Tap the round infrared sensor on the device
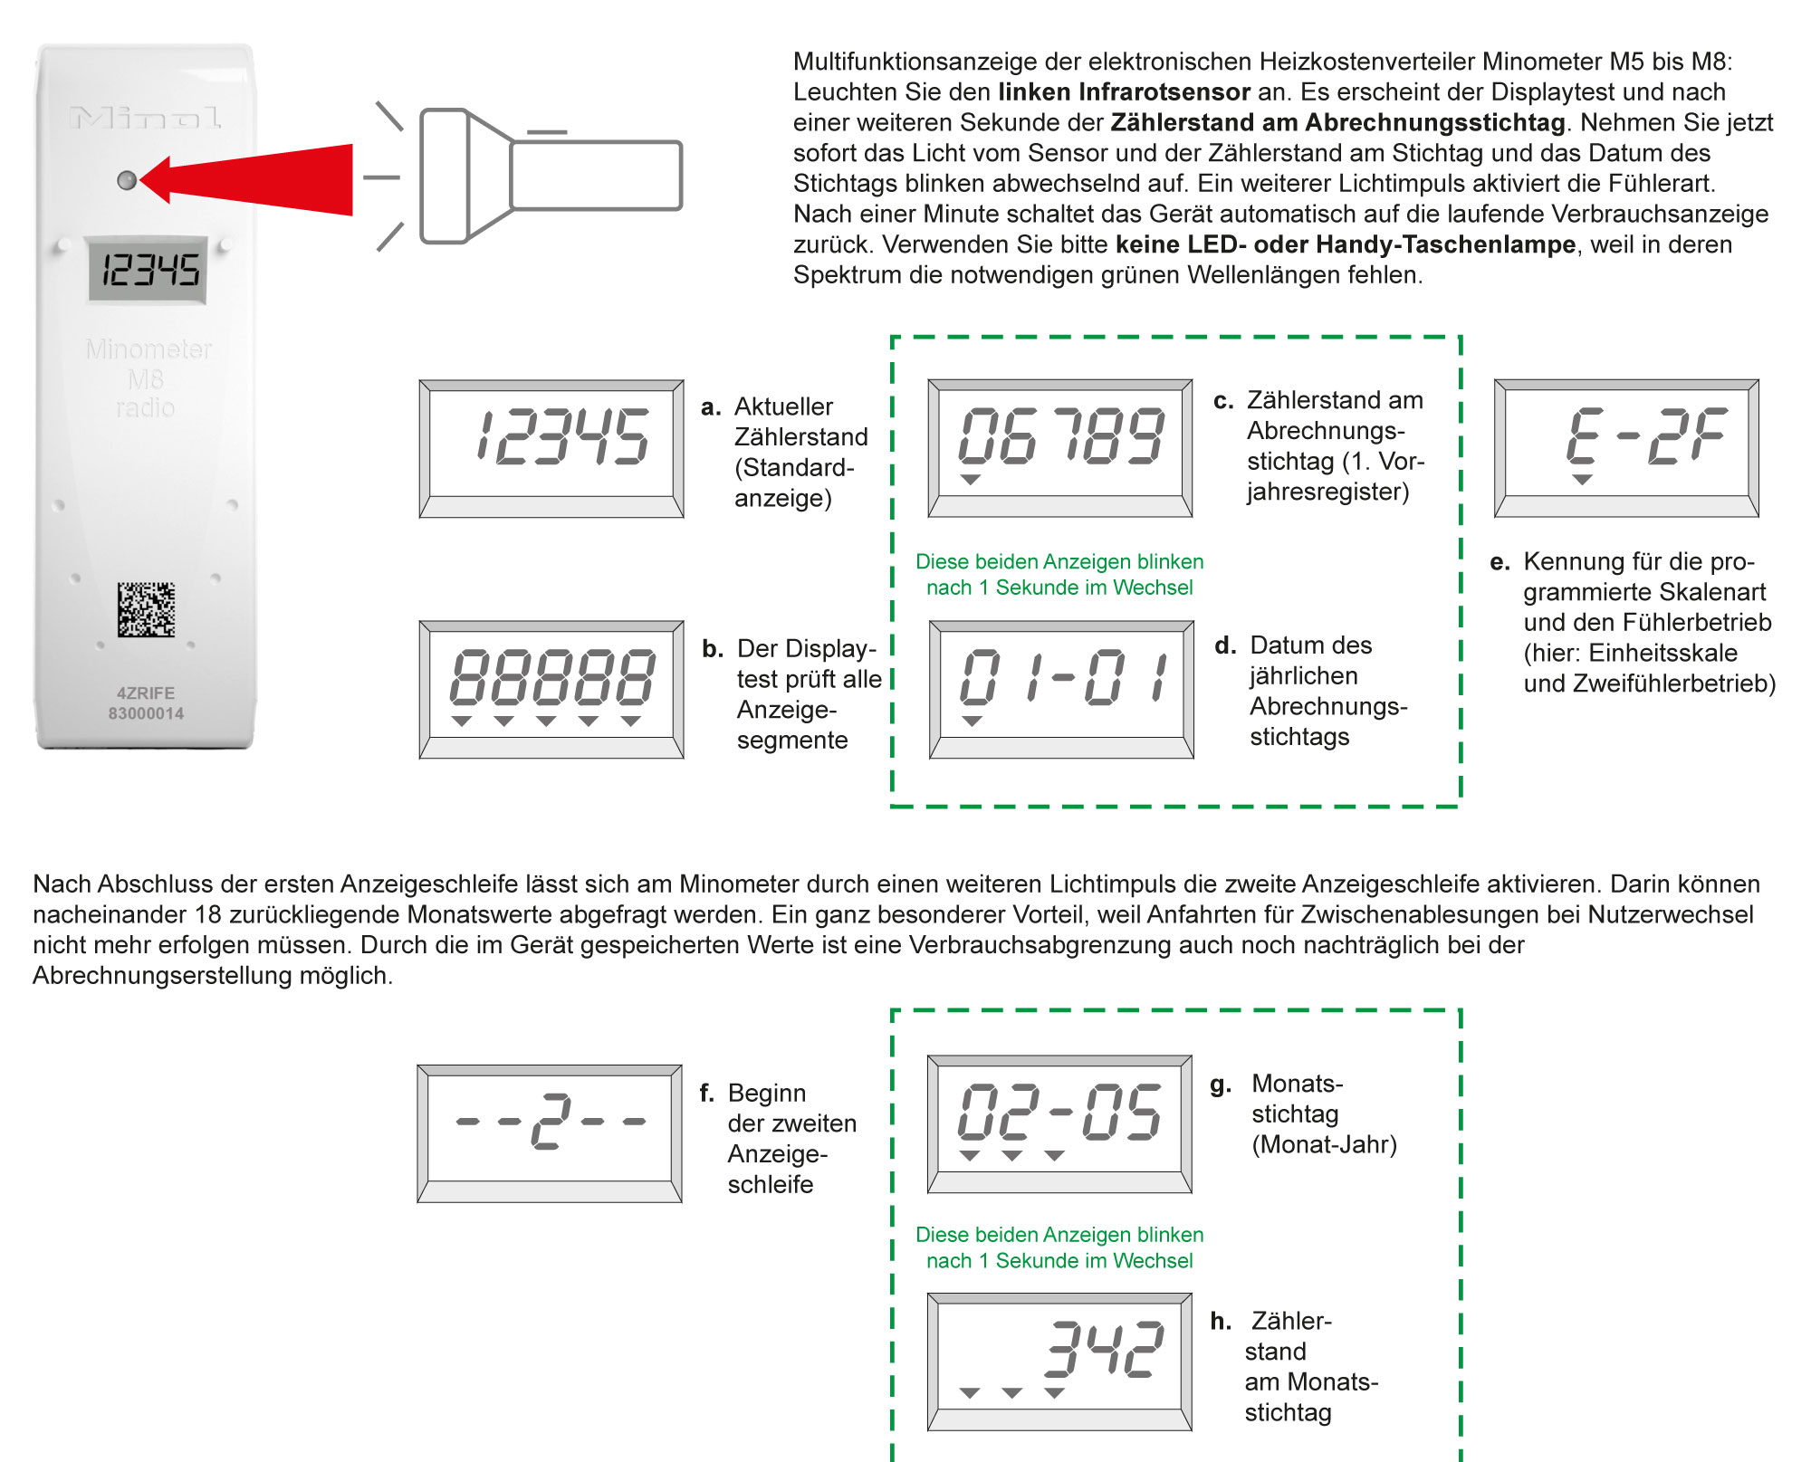click(128, 180)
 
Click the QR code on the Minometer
click(146, 609)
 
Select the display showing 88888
click(551, 689)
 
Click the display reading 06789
click(1060, 447)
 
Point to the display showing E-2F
click(1626, 447)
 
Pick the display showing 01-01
click(1061, 689)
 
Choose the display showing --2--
click(550, 1132)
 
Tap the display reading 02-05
click(1059, 1123)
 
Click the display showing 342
click(1059, 1361)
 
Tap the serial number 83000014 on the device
click(146, 713)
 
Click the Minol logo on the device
click(145, 118)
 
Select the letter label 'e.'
click(1500, 562)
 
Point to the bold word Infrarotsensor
click(1164, 92)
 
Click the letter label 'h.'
click(1221, 1321)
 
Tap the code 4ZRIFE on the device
click(146, 693)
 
